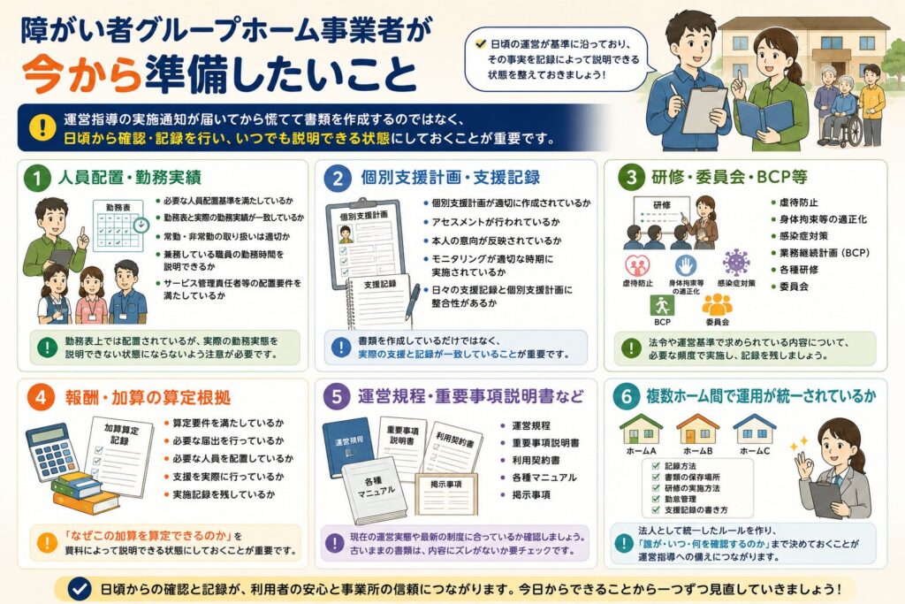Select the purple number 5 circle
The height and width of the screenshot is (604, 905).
(337, 397)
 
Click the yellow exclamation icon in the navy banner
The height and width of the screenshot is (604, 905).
(42, 127)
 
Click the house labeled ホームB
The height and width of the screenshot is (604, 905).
(698, 428)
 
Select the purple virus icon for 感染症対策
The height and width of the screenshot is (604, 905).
(736, 263)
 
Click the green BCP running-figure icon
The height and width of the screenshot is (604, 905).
(662, 305)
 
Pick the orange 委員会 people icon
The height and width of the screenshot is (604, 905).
(717, 304)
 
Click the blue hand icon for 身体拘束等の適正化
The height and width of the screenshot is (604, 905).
(686, 265)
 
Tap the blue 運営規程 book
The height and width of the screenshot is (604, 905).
(348, 447)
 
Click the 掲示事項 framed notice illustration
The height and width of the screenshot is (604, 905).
(446, 493)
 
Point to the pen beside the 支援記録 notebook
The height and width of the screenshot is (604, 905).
(412, 302)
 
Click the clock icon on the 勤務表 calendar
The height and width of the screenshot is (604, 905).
(141, 225)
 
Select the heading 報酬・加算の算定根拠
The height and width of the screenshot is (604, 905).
(148, 397)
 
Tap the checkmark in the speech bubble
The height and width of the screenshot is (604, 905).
(480, 43)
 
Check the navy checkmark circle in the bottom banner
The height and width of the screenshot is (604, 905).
(79, 589)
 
